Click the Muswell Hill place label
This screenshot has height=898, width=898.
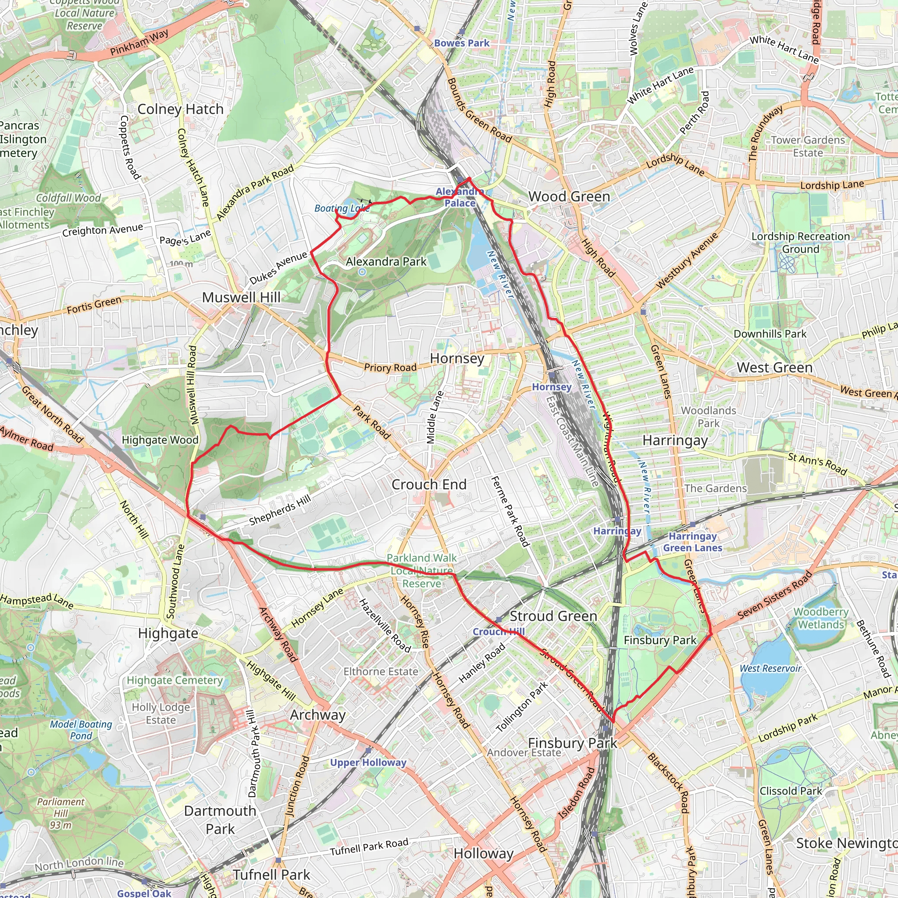click(241, 297)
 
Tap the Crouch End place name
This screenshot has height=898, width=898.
click(428, 485)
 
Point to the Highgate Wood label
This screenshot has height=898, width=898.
click(160, 440)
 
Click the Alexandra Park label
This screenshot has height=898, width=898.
click(386, 262)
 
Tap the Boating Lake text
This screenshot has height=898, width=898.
click(342, 208)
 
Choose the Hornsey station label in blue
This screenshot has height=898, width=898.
click(551, 387)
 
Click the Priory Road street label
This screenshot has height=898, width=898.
click(390, 367)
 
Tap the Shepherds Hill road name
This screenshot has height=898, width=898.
click(280, 510)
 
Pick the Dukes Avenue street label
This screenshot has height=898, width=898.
click(278, 268)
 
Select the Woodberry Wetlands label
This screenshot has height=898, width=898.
click(821, 618)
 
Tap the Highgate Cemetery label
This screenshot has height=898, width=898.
click(175, 681)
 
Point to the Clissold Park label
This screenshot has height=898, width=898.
click(790, 791)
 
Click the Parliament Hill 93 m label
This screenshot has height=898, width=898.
click(61, 813)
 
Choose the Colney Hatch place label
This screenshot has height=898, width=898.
click(180, 109)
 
